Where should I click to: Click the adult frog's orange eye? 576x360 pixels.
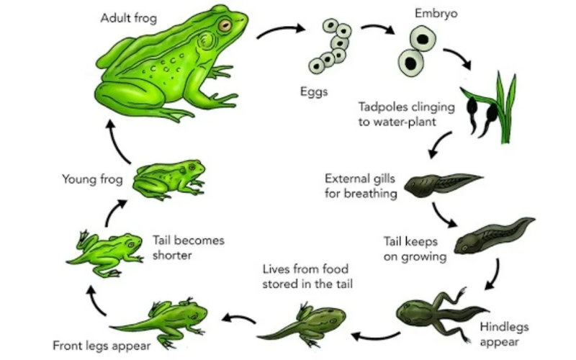(225, 25)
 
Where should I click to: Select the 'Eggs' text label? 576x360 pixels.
(314, 91)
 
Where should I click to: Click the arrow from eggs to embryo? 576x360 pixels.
(378, 31)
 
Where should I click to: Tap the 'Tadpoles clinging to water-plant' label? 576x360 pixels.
(407, 114)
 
